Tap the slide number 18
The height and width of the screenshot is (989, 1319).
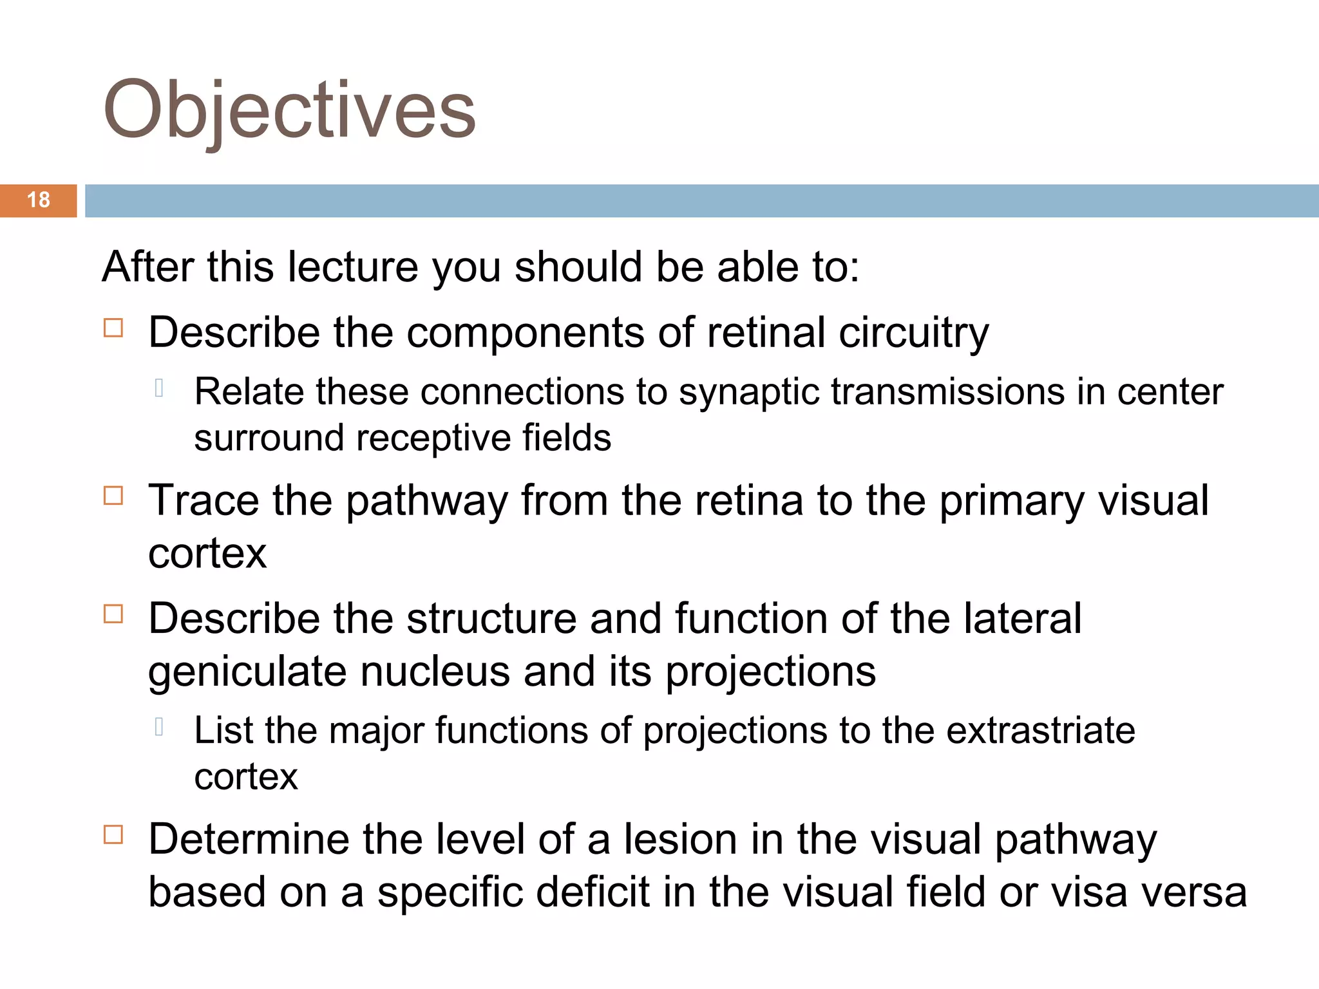pyautogui.click(x=39, y=200)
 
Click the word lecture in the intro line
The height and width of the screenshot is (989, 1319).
pyautogui.click(x=353, y=267)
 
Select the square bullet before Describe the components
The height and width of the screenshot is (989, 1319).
pyautogui.click(x=113, y=328)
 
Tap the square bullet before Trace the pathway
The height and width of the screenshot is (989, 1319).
pyautogui.click(x=113, y=496)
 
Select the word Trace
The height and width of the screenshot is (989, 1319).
pyautogui.click(x=203, y=500)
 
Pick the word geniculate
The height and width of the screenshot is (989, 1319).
pyautogui.click(x=247, y=672)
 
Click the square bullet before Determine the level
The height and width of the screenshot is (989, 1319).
pyautogui.click(x=113, y=835)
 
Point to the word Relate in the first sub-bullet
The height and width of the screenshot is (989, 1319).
pyautogui.click(x=249, y=392)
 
